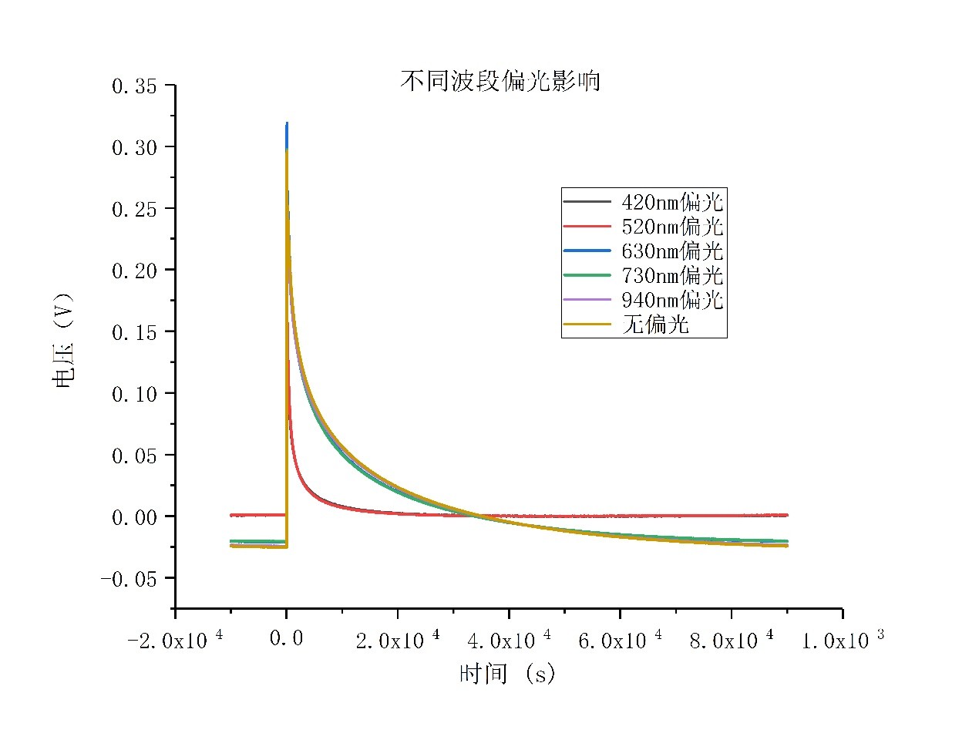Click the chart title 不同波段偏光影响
[500, 81]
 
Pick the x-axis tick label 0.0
[286, 639]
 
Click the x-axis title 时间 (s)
[507, 674]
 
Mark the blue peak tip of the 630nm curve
[287, 124]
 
